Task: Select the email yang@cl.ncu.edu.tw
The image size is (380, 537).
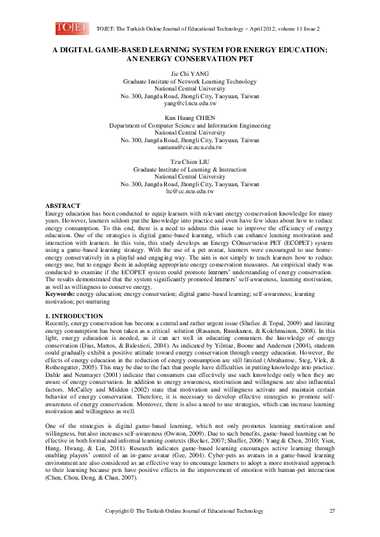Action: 190,103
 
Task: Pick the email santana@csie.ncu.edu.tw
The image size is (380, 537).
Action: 190,147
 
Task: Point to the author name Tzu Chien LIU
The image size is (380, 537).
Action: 190,163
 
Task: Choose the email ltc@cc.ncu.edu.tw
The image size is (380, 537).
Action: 190,191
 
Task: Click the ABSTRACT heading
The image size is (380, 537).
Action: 62,205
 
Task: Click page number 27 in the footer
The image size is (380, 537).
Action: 332,511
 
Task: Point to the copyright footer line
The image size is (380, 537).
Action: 184,511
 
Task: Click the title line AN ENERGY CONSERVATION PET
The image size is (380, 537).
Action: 190,59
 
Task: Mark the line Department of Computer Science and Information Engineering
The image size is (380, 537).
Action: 190,126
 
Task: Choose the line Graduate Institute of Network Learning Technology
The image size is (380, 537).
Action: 190,82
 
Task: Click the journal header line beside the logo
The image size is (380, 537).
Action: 208,29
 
